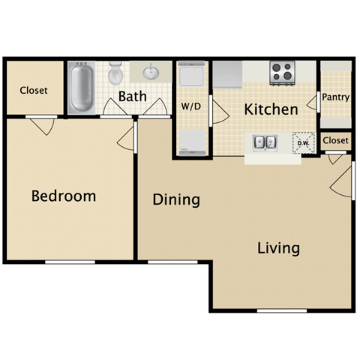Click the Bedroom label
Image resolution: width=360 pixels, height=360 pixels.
coord(64,196)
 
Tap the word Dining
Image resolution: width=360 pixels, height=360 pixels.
coord(176,199)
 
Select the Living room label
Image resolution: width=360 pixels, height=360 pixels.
coord(278,247)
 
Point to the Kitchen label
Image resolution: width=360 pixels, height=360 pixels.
coord(271,109)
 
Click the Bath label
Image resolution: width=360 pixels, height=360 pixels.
coord(132,97)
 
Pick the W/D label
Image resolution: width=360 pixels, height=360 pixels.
coord(191,106)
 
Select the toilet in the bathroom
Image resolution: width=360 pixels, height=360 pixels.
coord(115,74)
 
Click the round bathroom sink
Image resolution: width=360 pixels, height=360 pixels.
coord(148,73)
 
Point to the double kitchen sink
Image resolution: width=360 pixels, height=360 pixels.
coord(264,142)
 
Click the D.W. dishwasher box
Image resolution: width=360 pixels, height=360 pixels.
coord(304,142)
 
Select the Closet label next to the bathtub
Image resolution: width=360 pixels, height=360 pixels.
coord(34,90)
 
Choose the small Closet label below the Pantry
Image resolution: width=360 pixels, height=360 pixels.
coord(336,140)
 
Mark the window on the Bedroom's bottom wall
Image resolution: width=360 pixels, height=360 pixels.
coord(70,262)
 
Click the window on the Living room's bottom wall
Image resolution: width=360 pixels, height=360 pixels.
coord(281,310)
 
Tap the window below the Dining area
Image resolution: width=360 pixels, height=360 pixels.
coord(172,262)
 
